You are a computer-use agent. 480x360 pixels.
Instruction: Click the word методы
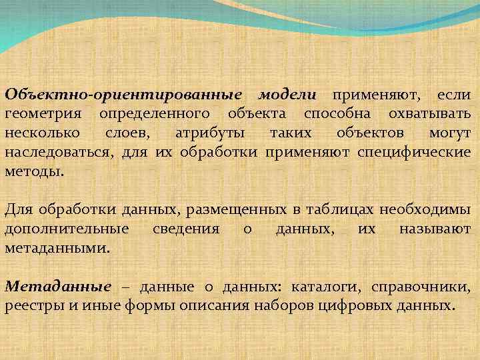(34, 171)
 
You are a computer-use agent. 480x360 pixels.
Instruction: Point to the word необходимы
(425, 210)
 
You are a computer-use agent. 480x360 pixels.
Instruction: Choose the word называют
(435, 229)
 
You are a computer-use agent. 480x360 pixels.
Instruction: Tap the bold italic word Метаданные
(58, 287)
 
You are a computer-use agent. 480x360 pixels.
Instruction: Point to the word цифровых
(363, 307)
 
